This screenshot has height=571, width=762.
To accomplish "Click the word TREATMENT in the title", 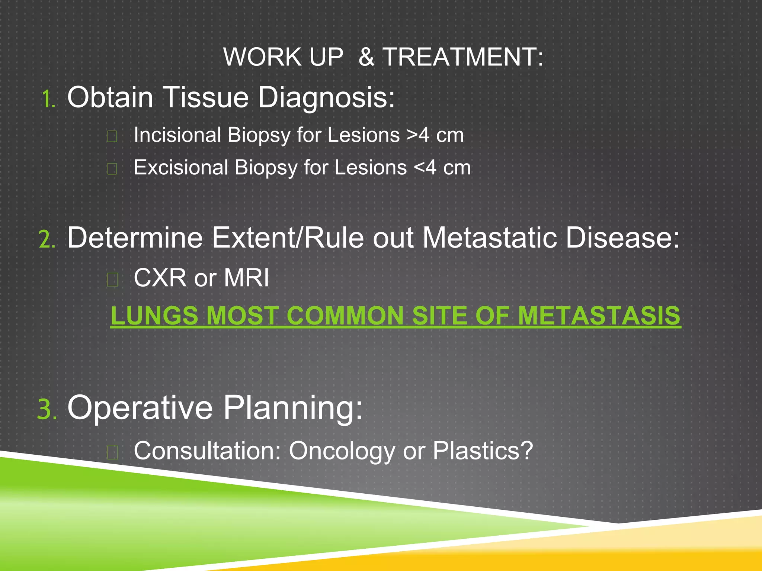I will point(462,57).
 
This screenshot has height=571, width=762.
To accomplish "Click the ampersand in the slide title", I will point(366,57).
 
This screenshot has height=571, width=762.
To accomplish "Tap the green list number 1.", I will point(48,99).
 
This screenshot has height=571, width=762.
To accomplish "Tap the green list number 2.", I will point(47,239).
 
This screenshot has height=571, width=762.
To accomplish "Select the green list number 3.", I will point(47,409).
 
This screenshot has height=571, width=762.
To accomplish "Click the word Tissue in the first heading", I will point(206,97).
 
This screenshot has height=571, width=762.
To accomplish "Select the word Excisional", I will point(181,167).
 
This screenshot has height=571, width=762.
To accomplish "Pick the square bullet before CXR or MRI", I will point(112,279).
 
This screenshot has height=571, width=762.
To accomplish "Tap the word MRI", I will point(246,278).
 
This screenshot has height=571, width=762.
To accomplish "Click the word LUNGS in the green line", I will point(154,316).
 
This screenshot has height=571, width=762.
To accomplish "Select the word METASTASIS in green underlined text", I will point(599,316).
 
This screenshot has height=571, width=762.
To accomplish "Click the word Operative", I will point(140,408).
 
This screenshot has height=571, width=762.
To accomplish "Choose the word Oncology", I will point(342,451).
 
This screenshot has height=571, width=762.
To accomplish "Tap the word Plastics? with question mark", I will point(483,451).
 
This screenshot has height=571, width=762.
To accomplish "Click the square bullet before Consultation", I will point(112,452).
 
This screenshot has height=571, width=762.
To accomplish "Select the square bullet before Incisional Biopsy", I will point(112,136).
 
